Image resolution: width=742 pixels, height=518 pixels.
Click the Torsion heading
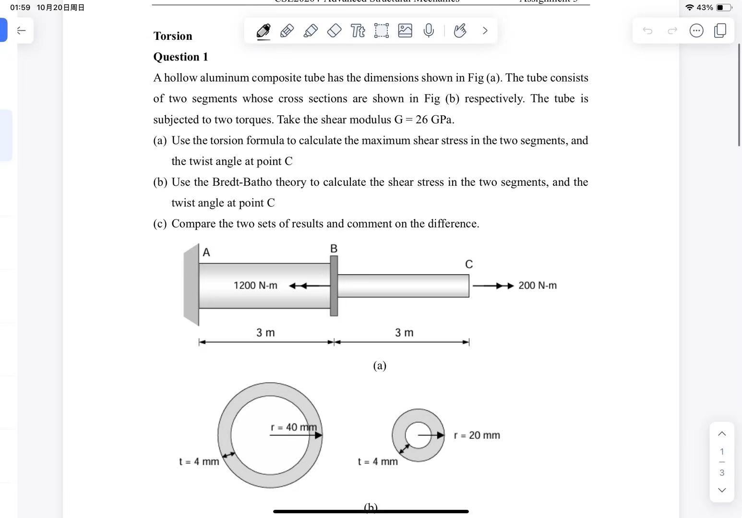point(173,36)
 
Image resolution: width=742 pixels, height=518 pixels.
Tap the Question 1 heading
point(180,57)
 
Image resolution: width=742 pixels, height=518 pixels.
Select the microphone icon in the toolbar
point(429,31)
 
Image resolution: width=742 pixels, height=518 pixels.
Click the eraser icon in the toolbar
point(334,31)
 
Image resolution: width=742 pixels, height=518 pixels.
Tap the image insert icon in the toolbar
point(405,31)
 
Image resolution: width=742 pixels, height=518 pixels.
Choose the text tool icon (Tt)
point(358,31)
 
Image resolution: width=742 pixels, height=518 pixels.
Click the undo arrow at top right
point(647,31)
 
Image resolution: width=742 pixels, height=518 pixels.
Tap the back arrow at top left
point(21,31)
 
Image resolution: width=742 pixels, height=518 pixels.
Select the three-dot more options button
point(696,31)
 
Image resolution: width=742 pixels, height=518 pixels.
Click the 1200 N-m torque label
point(255,286)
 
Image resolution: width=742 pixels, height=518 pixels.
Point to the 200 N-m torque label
point(538,286)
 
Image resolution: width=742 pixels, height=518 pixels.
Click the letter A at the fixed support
point(206,253)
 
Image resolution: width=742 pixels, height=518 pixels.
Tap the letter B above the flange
point(334,249)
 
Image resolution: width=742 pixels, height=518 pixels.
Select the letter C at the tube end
point(469,265)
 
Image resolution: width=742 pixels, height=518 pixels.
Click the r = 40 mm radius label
point(294,427)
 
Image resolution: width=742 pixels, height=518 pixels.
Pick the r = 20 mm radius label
point(477,435)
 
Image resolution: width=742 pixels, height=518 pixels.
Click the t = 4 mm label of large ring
point(199,462)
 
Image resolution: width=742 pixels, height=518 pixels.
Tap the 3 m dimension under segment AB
point(265,333)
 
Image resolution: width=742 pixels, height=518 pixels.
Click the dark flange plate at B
point(334,286)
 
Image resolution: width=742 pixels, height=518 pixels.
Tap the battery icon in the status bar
point(723,8)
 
